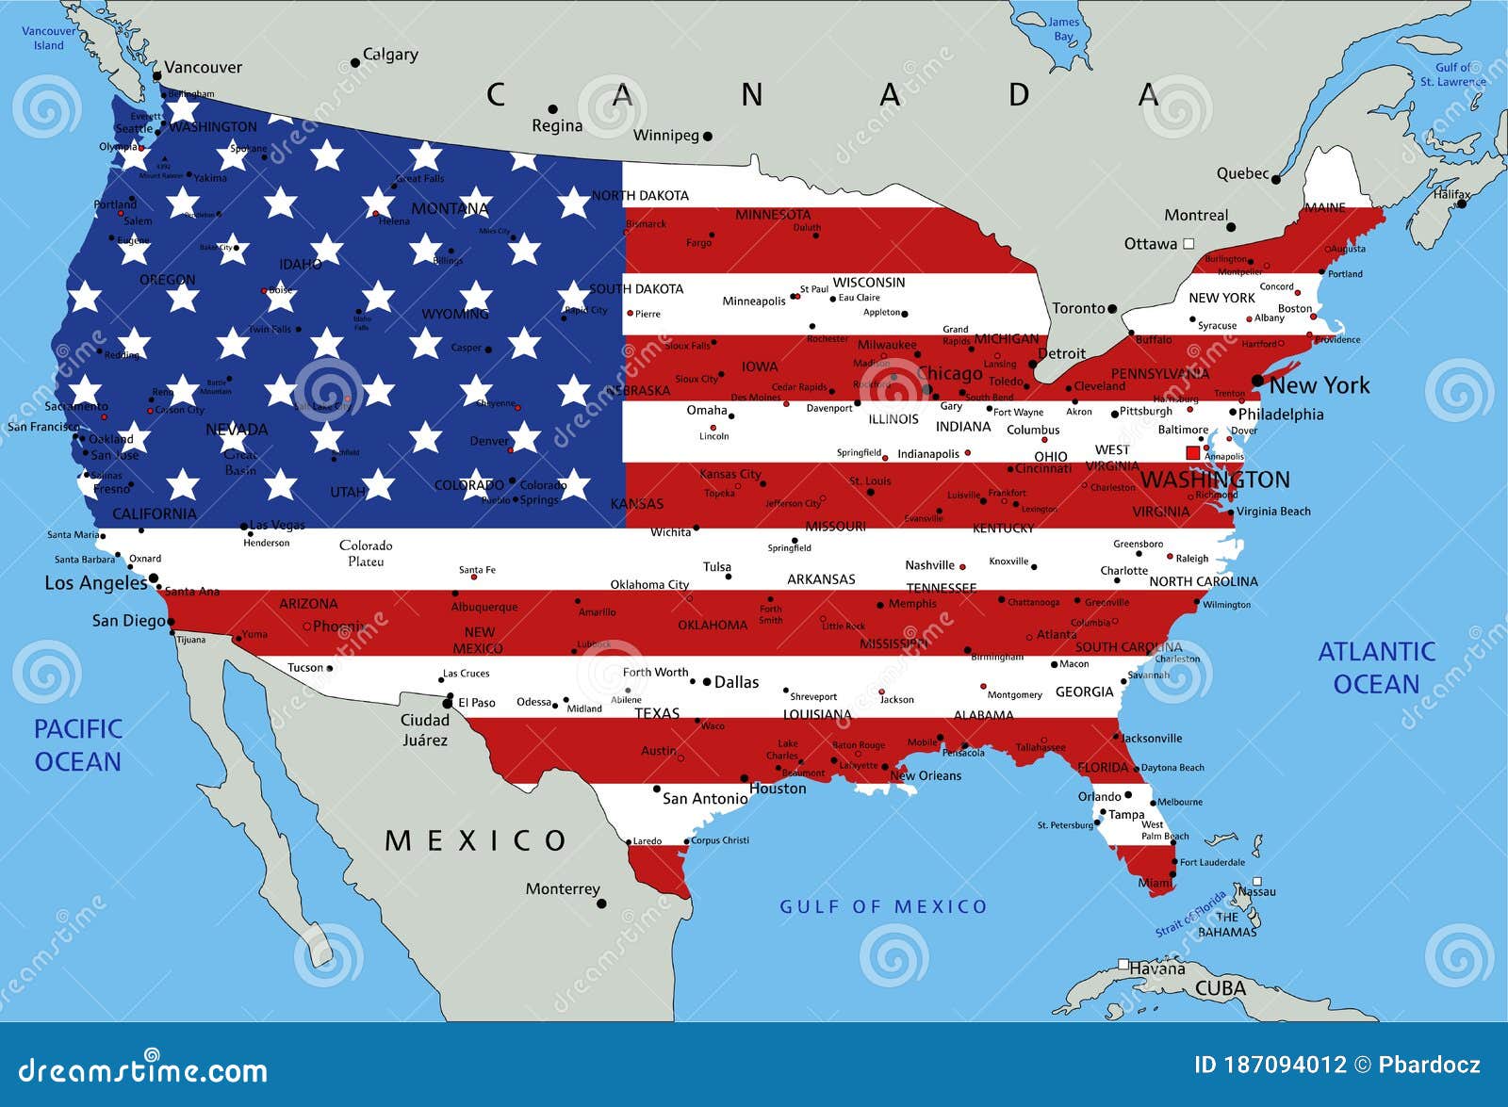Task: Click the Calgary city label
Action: pyautogui.click(x=390, y=55)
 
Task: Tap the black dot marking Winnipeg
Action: pyautogui.click(x=708, y=137)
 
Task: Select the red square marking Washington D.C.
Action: pyautogui.click(x=1192, y=453)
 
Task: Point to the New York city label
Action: pyautogui.click(x=1319, y=385)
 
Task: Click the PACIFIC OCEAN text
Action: pyautogui.click(x=78, y=745)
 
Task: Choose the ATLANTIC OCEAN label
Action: pyautogui.click(x=1376, y=667)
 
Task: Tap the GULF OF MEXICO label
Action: pyautogui.click(x=883, y=906)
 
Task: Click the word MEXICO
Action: pyautogui.click(x=476, y=840)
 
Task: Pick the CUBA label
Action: pyautogui.click(x=1221, y=988)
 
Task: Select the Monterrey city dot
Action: pyautogui.click(x=601, y=904)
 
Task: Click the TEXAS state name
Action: pyautogui.click(x=657, y=713)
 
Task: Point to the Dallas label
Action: pyautogui.click(x=736, y=682)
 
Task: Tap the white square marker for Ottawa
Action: pyautogui.click(x=1188, y=244)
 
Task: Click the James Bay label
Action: pyautogui.click(x=1063, y=29)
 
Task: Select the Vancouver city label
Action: pyautogui.click(x=203, y=68)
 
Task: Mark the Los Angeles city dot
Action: pyautogui.click(x=154, y=579)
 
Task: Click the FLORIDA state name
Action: pyautogui.click(x=1103, y=768)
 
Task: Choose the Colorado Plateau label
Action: pyautogui.click(x=366, y=553)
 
